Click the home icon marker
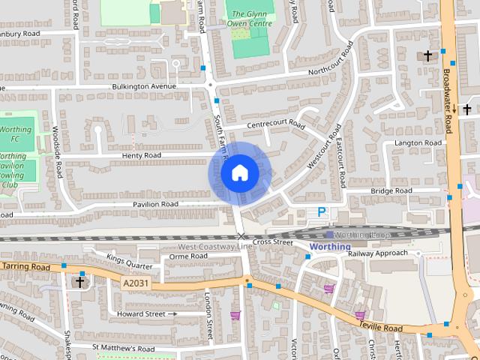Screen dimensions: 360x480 (239, 173)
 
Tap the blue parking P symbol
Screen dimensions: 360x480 (322, 212)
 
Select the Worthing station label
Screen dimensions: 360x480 (330, 246)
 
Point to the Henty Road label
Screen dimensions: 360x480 (141, 155)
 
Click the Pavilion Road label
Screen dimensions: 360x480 (156, 204)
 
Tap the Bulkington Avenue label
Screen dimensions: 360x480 (144, 86)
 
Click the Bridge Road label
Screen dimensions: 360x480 (391, 191)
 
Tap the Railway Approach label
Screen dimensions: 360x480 (378, 253)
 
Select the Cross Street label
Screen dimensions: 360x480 (273, 242)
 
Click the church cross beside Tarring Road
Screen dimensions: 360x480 (79, 282)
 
